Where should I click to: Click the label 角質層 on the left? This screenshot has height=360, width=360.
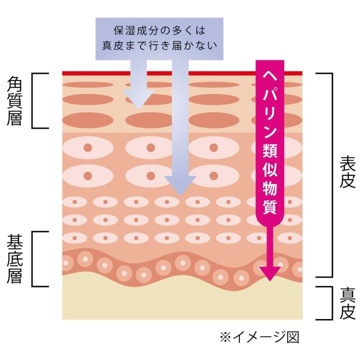14,100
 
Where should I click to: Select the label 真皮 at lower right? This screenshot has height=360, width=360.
346,303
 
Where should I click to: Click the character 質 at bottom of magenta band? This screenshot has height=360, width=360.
269,206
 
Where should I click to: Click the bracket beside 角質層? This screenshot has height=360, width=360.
37,100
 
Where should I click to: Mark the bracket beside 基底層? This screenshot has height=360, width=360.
37,258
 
